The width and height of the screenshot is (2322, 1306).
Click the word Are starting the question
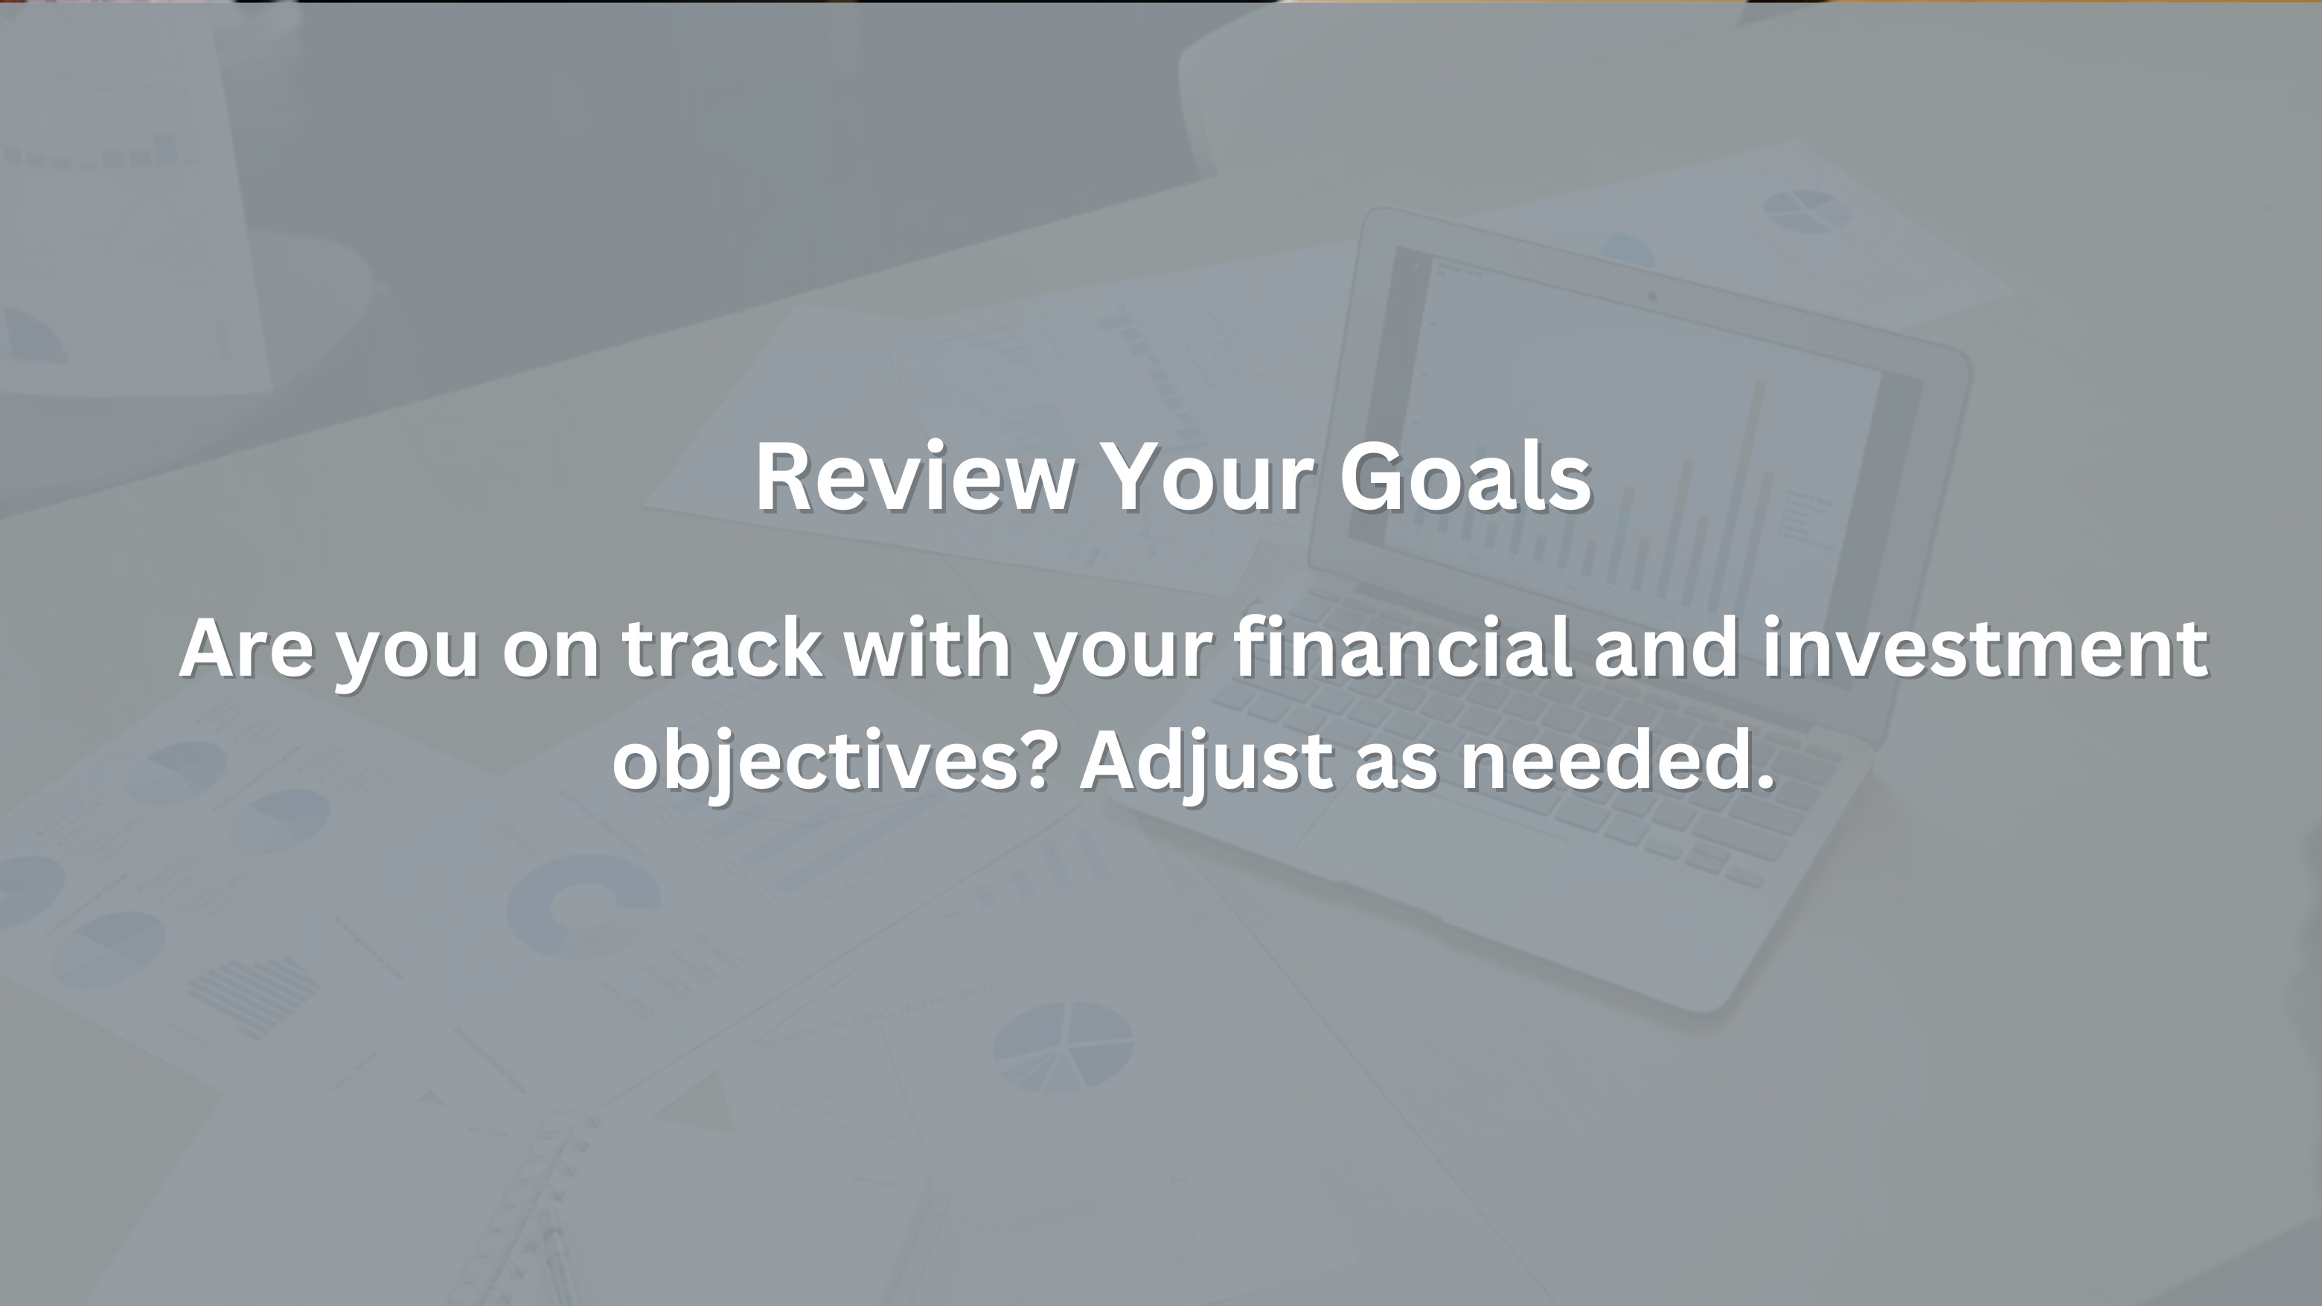click(x=246, y=647)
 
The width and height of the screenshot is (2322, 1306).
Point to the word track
click(x=722, y=647)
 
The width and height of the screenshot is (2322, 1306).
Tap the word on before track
click(x=550, y=653)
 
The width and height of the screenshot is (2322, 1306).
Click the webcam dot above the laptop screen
click(x=1652, y=295)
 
